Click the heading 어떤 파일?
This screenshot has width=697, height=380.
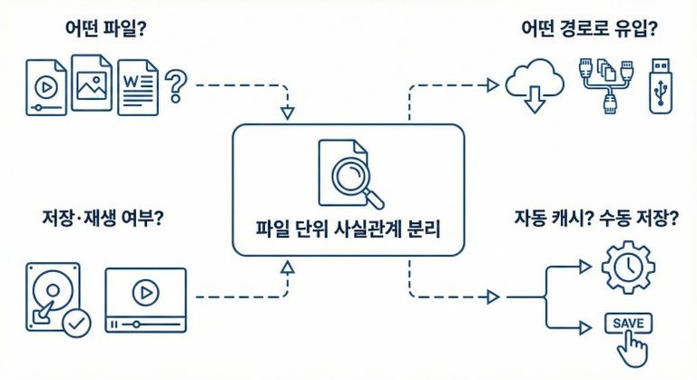pos(101,29)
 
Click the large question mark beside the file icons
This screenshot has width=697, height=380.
pos(177,89)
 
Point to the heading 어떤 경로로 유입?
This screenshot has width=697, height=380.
pos(589,29)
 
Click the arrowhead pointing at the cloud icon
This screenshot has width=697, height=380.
pos(493,85)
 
